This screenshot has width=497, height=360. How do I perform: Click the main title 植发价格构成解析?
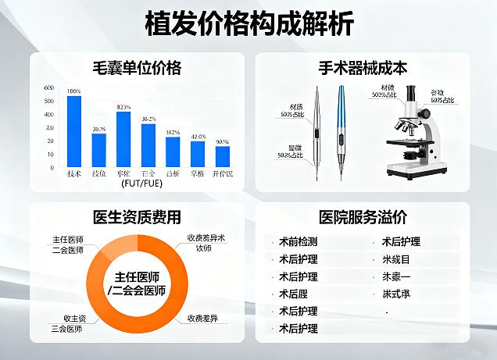tap(248, 23)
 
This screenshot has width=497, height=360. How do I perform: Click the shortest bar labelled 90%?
tap(223, 156)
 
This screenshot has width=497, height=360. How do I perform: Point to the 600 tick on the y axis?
tap(49, 88)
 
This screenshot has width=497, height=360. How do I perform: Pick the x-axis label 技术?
tap(74, 173)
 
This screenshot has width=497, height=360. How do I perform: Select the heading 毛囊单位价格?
tap(137, 68)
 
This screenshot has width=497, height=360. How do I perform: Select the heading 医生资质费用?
tap(137, 217)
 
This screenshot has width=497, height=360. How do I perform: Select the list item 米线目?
tap(396, 259)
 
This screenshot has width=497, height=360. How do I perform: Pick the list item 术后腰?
tap(294, 294)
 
